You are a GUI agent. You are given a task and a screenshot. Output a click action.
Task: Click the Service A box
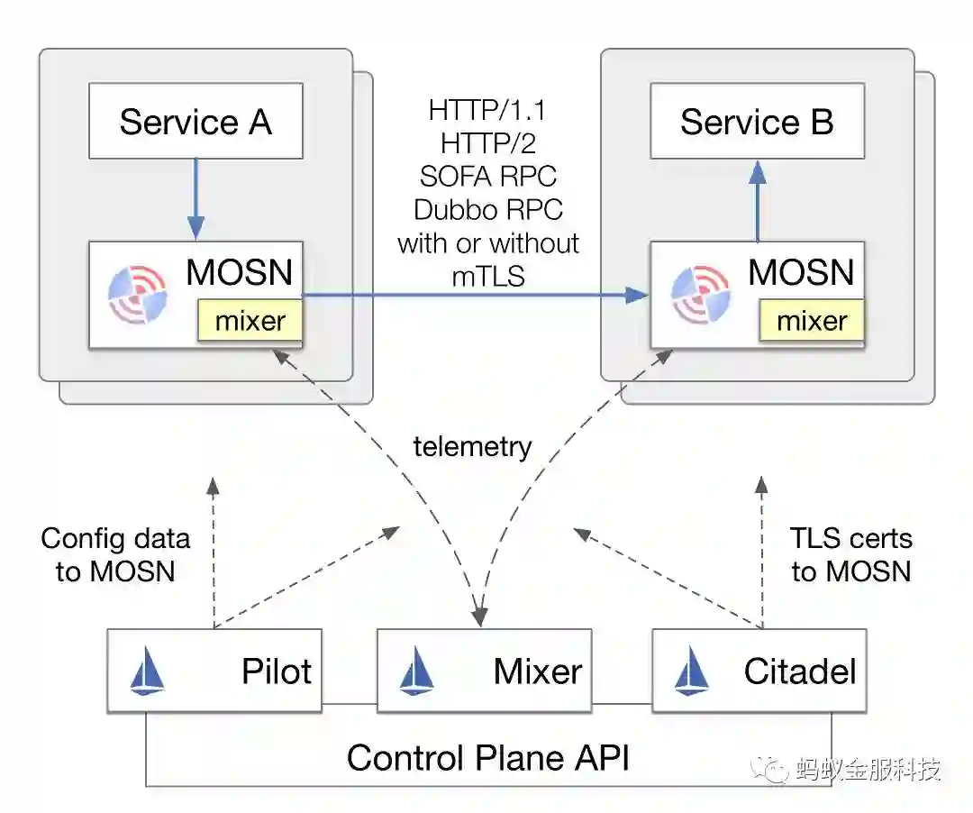tap(196, 122)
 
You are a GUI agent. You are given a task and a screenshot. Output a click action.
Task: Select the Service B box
tap(757, 122)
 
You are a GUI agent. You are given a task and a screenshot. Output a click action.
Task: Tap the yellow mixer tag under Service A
tap(250, 321)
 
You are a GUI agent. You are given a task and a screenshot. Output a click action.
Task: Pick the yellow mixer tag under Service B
tap(812, 321)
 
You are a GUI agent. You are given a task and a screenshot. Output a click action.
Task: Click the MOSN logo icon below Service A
tap(137, 293)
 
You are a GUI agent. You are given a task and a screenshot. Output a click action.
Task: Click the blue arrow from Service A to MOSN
tap(196, 198)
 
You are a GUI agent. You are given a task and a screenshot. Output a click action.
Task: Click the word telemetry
tap(472, 446)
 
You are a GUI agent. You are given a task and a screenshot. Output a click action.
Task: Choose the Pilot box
tap(214, 671)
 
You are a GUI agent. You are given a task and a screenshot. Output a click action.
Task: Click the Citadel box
tap(759, 671)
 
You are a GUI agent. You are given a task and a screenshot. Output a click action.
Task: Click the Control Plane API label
tap(487, 758)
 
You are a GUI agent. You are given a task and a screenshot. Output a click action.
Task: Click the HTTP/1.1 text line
tap(487, 111)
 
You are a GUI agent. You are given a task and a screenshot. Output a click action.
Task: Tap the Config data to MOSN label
tap(115, 554)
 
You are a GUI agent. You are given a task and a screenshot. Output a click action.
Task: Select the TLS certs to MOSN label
tap(851, 554)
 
